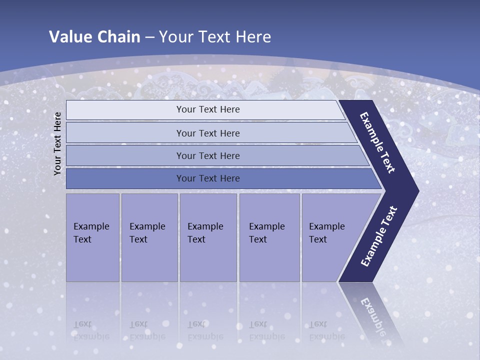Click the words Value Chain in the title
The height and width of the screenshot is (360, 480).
(94, 37)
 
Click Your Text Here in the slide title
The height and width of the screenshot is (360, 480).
(215, 37)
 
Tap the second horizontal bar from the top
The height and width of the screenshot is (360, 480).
(207, 133)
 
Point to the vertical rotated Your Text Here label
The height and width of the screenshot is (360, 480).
(57, 143)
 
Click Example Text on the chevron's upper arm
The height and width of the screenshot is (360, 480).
(377, 142)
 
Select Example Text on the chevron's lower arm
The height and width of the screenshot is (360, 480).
(379, 236)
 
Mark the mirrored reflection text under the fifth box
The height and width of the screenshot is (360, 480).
(326, 330)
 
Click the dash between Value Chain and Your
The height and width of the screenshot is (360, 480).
(149, 37)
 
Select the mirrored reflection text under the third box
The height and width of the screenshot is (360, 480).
(205, 330)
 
